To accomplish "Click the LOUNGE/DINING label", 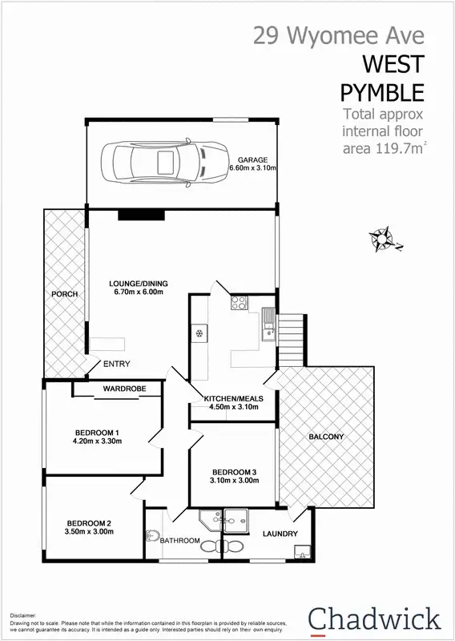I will click(x=140, y=283).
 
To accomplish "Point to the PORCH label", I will click(x=65, y=294).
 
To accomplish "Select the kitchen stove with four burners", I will click(x=239, y=303).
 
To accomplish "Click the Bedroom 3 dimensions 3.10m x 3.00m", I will click(x=234, y=482).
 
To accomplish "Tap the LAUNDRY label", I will click(x=280, y=534).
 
